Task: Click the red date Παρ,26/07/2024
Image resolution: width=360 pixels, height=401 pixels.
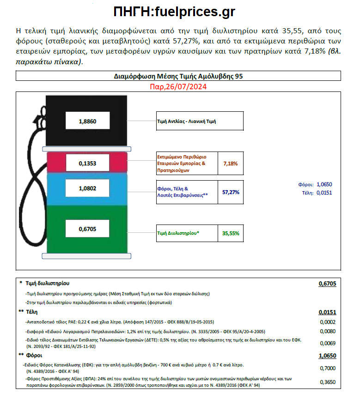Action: click(x=178, y=86)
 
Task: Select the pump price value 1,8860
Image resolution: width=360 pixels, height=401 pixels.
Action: click(x=87, y=122)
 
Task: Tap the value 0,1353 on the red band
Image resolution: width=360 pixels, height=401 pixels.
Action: click(x=87, y=163)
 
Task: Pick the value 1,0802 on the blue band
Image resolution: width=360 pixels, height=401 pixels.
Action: click(x=87, y=188)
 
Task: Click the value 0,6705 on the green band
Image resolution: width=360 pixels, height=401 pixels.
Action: click(x=87, y=228)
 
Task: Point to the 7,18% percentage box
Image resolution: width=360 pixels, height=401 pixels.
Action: click(x=230, y=164)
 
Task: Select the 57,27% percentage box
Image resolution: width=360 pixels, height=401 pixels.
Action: click(x=230, y=192)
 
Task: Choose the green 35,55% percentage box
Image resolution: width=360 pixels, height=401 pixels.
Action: click(x=230, y=233)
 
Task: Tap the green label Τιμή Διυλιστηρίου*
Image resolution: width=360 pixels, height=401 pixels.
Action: click(x=178, y=233)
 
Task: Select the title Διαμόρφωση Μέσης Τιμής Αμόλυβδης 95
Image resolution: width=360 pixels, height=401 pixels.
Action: click(x=178, y=76)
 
